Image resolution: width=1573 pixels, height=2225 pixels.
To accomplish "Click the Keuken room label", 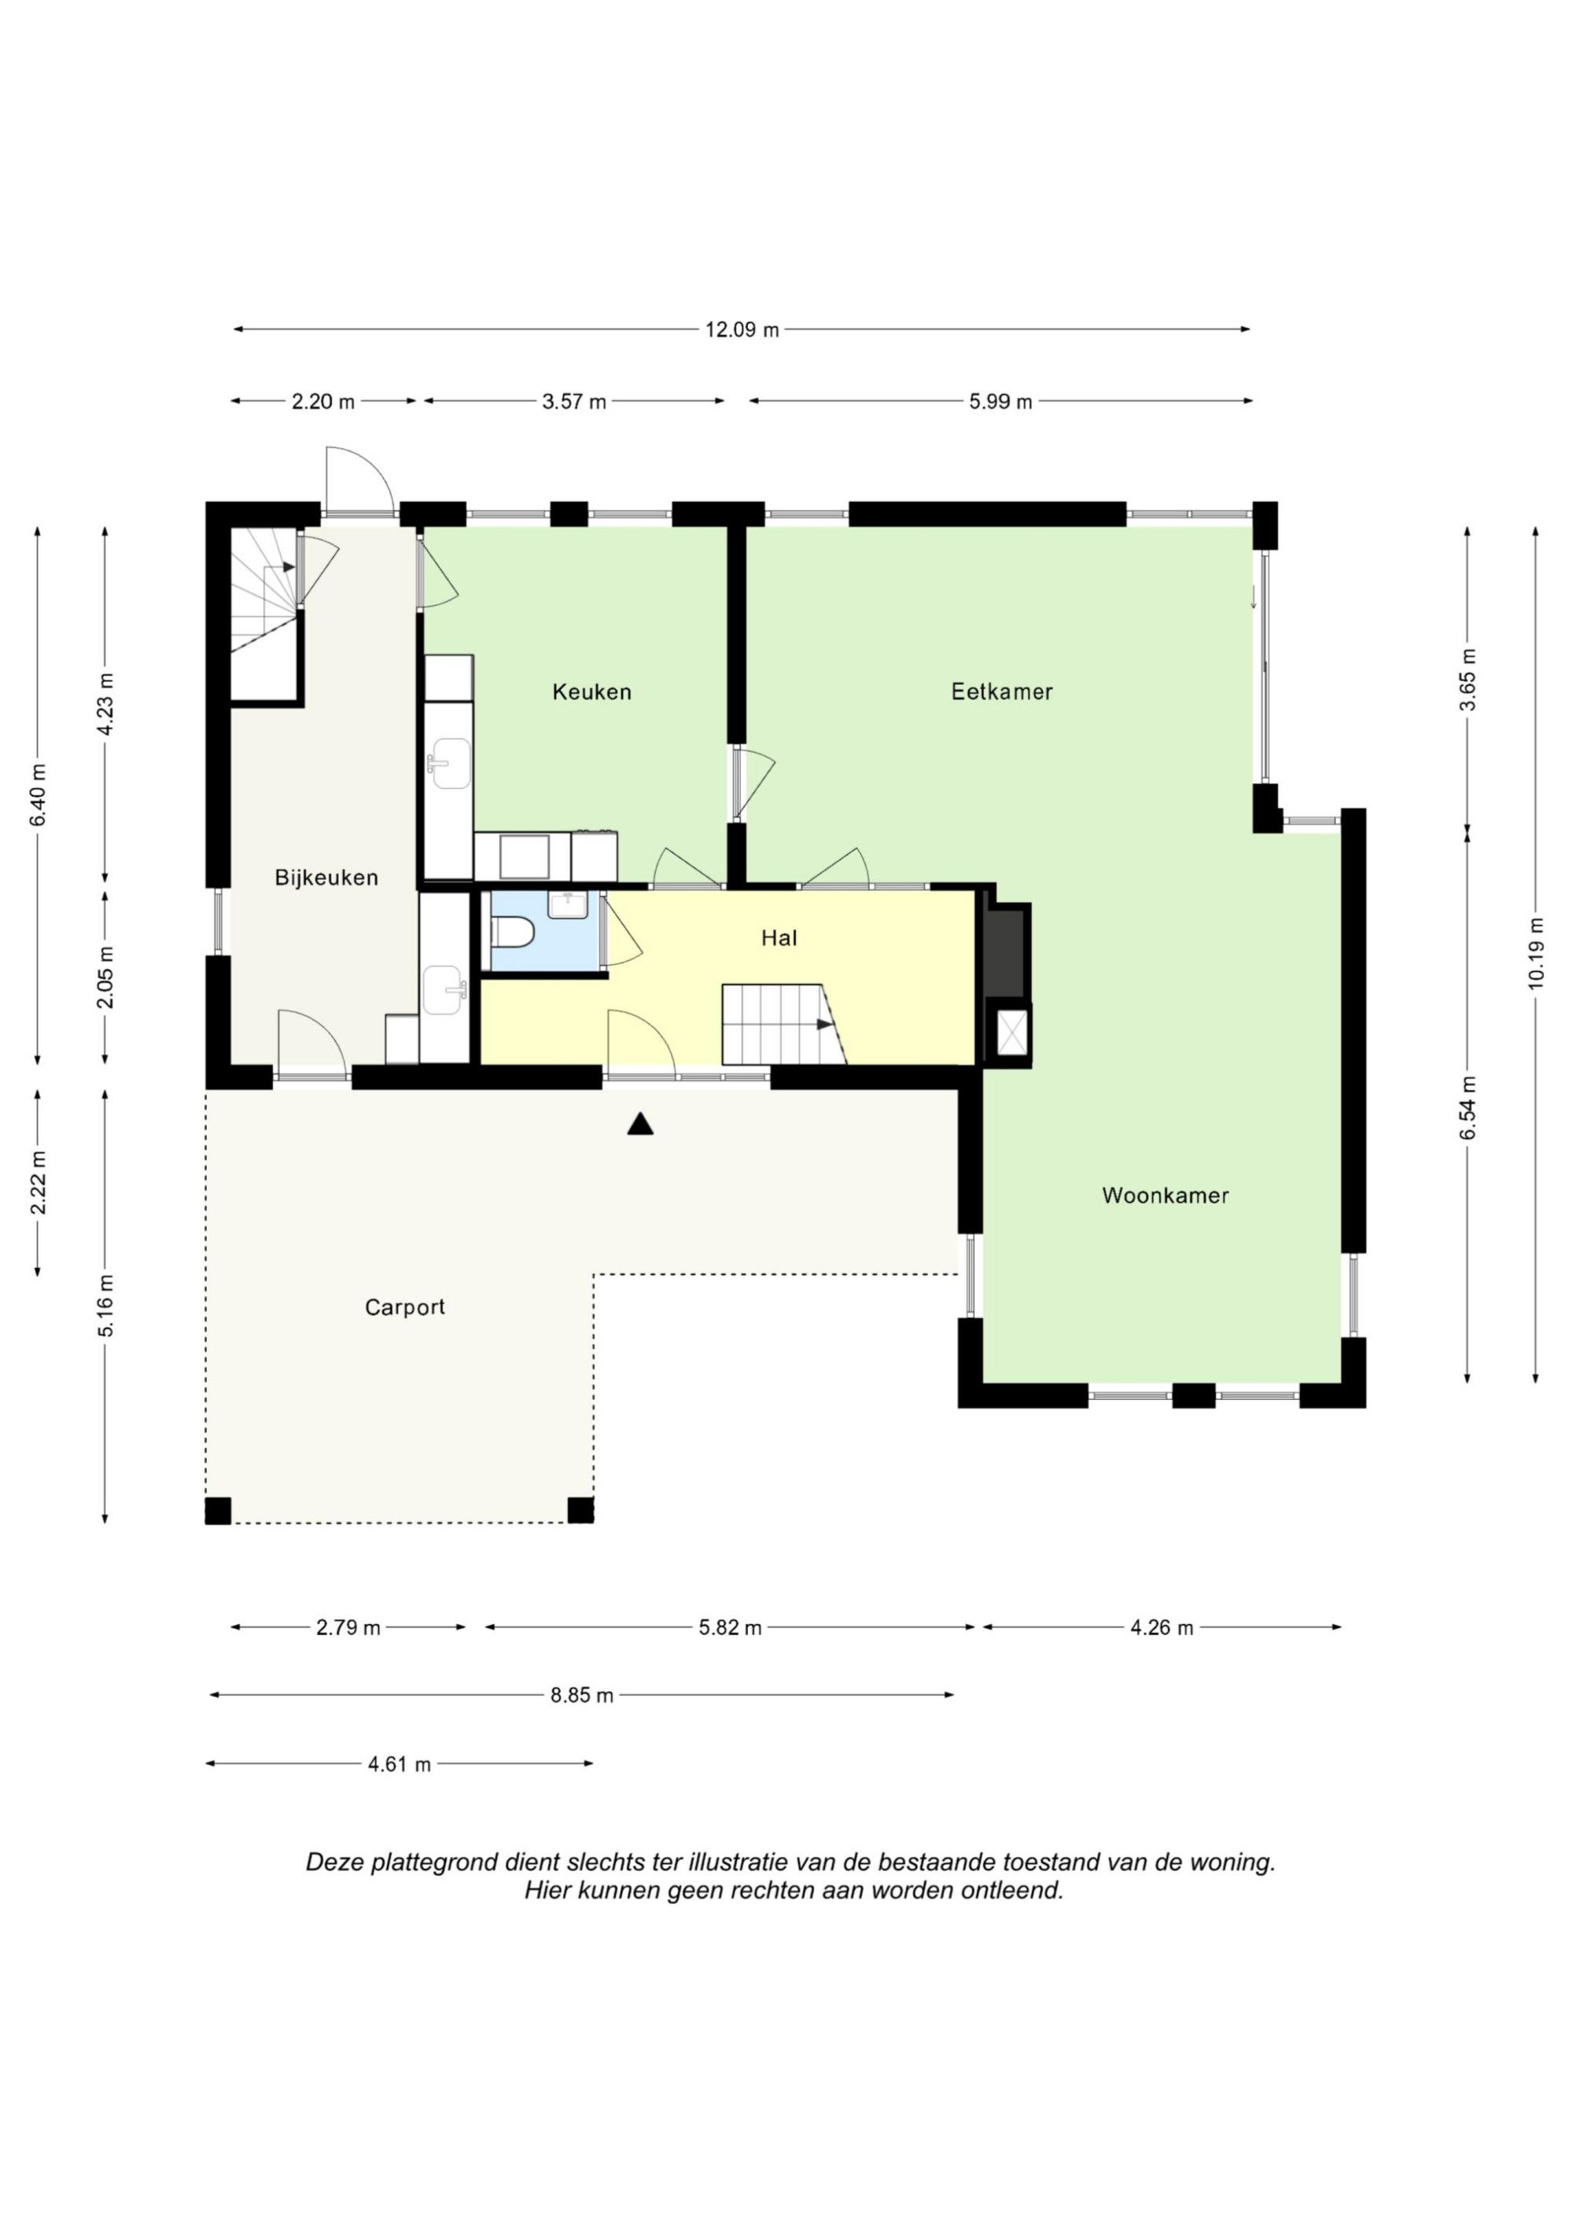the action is (x=591, y=692).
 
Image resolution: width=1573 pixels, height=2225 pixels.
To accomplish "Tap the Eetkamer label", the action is (x=1001, y=692).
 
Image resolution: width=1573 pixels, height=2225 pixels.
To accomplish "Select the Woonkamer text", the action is (x=1165, y=1195).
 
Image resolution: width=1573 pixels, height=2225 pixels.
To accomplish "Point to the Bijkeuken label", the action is (x=326, y=878).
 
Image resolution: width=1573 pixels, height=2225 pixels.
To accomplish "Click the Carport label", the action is (x=405, y=1307).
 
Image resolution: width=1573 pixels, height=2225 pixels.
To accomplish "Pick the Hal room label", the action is (x=779, y=938).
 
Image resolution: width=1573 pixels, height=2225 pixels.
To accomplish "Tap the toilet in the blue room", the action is (x=514, y=934).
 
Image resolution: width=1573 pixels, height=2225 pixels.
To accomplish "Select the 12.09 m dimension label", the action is (x=742, y=330).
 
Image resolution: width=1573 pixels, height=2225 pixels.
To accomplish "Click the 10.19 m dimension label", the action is (x=1535, y=952).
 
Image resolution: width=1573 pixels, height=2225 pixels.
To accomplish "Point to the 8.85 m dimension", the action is (x=583, y=1695).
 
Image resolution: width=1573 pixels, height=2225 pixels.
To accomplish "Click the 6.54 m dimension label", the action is (x=1468, y=1107).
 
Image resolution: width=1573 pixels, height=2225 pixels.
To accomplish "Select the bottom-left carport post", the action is (x=218, y=1511).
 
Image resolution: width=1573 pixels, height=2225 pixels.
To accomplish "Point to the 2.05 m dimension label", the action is (x=105, y=977).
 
